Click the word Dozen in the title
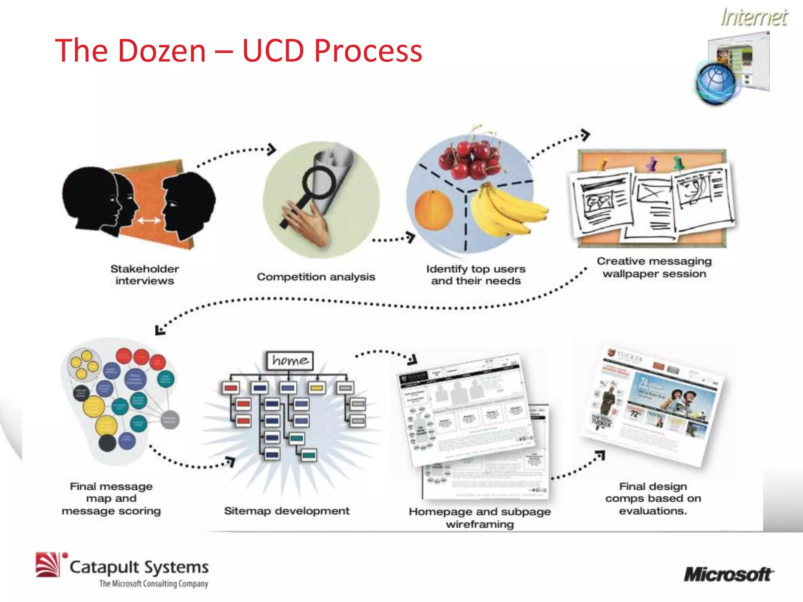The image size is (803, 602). [162, 51]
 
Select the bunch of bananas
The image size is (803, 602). [506, 212]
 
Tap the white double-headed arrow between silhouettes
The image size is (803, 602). [149, 221]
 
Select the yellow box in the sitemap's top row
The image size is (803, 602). [317, 388]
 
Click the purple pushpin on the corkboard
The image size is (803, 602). [652, 163]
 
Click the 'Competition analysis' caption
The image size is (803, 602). [316, 277]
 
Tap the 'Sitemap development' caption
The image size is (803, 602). [287, 511]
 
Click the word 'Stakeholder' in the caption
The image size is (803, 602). [145, 269]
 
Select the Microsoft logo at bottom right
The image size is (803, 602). [729, 575]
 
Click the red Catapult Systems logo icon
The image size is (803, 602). [47, 564]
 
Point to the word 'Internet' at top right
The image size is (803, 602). [754, 18]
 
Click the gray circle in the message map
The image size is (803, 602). [170, 420]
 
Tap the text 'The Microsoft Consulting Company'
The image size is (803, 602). [153, 584]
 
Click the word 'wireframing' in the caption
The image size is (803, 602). [480, 524]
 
